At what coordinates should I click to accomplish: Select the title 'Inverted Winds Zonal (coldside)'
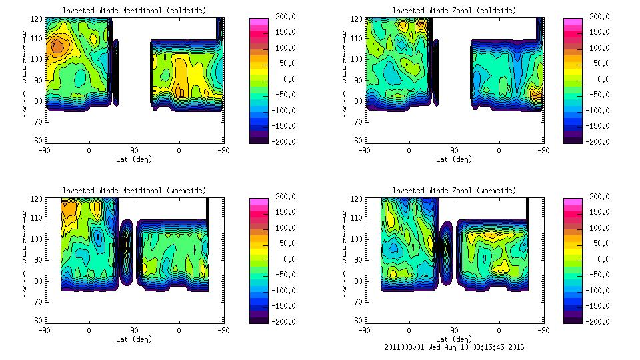tap(454, 11)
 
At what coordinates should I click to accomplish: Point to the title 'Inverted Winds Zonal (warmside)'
tap(454, 191)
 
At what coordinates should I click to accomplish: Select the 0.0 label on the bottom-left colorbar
tap(285, 259)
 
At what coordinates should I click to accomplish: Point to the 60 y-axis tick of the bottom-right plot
tap(358, 321)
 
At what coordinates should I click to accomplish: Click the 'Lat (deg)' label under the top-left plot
tap(134, 159)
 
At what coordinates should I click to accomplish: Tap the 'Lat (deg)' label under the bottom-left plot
tap(134, 339)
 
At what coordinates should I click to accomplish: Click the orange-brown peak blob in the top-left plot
tap(57, 46)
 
